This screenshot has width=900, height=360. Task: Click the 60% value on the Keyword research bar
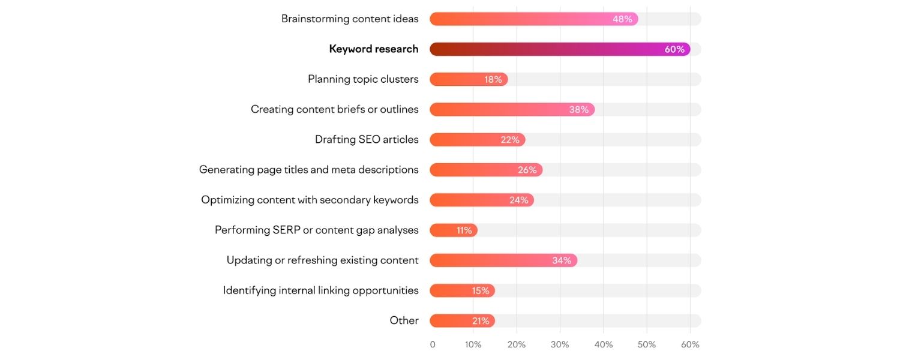point(674,49)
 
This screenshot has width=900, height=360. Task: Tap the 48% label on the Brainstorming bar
point(622,19)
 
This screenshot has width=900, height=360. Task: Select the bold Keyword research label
point(373,49)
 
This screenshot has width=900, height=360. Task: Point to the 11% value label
point(464,230)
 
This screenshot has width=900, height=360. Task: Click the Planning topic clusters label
point(363,79)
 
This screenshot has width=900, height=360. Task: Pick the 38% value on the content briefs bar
point(579,110)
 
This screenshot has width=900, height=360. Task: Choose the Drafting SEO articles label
point(367,140)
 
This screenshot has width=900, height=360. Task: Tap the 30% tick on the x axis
point(560,345)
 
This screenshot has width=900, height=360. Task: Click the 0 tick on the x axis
point(433,345)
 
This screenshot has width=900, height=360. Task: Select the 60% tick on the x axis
point(690,345)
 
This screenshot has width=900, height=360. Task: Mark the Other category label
point(404,320)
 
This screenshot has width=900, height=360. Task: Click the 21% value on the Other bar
point(481,321)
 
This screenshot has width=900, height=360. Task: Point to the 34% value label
point(562,260)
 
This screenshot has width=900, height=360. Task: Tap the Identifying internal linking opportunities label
point(320,290)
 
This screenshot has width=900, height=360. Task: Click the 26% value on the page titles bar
point(527,170)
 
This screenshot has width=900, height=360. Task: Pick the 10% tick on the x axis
point(473,345)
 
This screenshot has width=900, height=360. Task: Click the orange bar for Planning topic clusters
point(456,79)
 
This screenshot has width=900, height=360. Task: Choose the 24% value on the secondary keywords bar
point(518,200)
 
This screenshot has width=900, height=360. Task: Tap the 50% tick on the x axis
point(647,345)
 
